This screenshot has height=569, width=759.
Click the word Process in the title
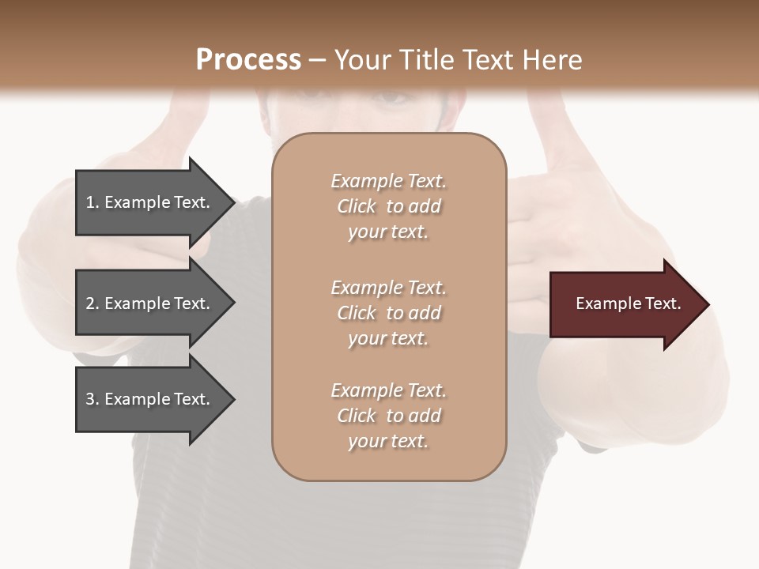[x=248, y=60]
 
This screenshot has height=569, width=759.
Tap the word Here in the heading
[x=551, y=60]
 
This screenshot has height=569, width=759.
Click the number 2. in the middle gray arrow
[x=93, y=303]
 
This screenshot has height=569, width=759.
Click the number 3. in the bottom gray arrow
[x=93, y=399]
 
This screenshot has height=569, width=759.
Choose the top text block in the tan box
[x=388, y=206]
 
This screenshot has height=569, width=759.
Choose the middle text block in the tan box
[x=388, y=313]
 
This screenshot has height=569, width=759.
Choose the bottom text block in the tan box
[x=388, y=416]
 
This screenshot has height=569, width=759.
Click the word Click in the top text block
[x=357, y=206]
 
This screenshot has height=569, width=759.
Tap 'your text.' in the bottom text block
[x=388, y=441]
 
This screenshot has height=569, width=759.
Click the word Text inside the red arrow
[x=663, y=303]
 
